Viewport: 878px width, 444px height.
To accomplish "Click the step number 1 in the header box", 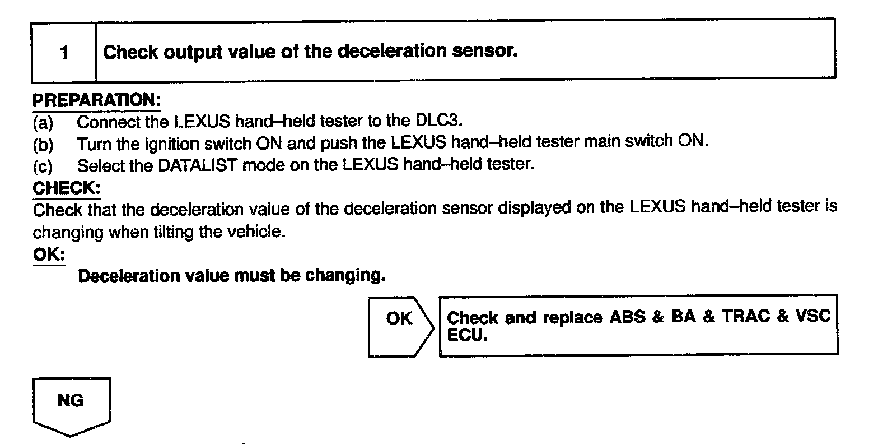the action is point(64,54).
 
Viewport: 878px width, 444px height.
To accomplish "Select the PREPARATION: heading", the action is point(96,101).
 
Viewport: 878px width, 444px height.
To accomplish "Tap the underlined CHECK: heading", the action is point(66,188).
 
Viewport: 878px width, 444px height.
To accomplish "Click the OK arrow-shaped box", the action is point(399,325).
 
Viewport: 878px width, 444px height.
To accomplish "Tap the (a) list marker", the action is point(43,122).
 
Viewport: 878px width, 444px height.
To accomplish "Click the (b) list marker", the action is point(43,144).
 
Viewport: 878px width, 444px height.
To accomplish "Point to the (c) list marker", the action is point(43,166).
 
